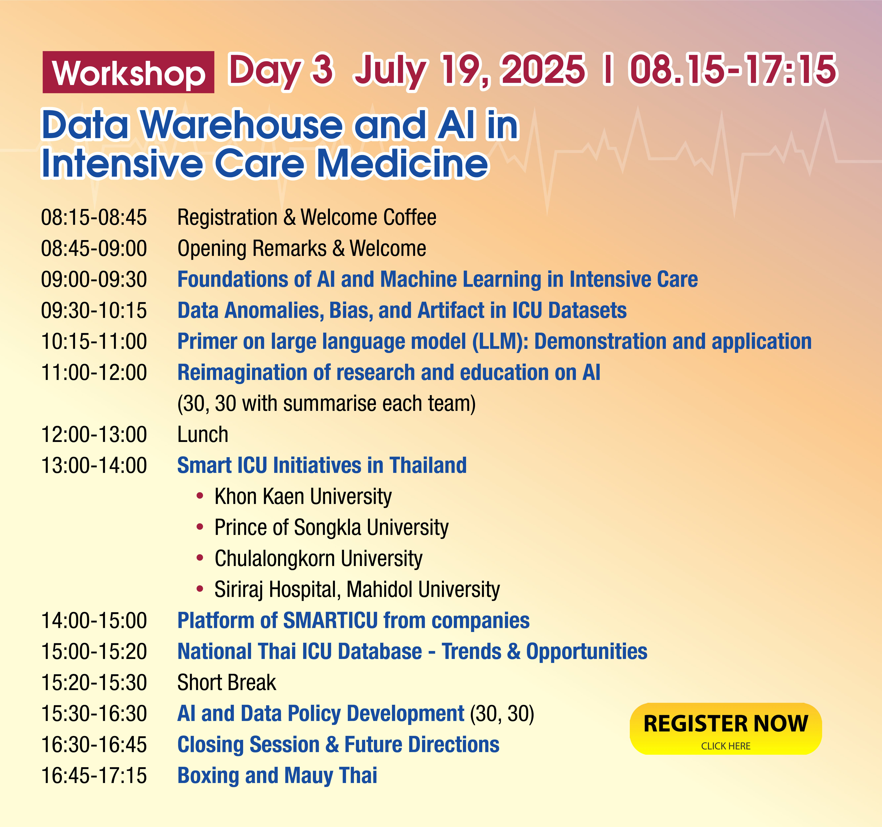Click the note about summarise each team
[x=326, y=404]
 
